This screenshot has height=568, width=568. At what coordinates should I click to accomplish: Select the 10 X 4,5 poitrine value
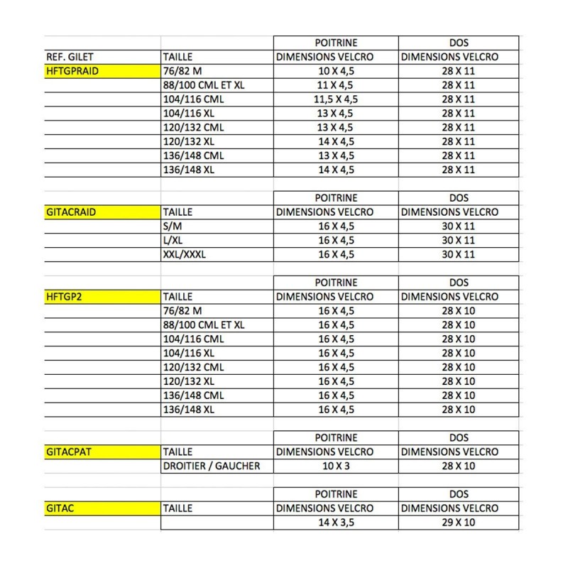tap(336, 71)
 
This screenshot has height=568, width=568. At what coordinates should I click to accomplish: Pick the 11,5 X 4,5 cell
tap(336, 99)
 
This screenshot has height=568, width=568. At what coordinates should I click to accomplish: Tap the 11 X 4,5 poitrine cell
tap(336, 85)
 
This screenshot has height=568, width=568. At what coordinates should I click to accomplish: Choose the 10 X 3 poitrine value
tap(336, 466)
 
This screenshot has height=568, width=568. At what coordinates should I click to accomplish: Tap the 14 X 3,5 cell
tap(336, 523)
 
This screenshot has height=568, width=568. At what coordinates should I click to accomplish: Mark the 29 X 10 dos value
tap(458, 523)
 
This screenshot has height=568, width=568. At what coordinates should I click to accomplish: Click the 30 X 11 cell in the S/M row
tap(458, 226)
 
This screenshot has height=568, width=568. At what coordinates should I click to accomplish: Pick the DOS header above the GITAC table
tap(458, 494)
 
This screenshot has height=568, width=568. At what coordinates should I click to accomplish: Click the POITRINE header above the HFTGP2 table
tap(336, 283)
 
